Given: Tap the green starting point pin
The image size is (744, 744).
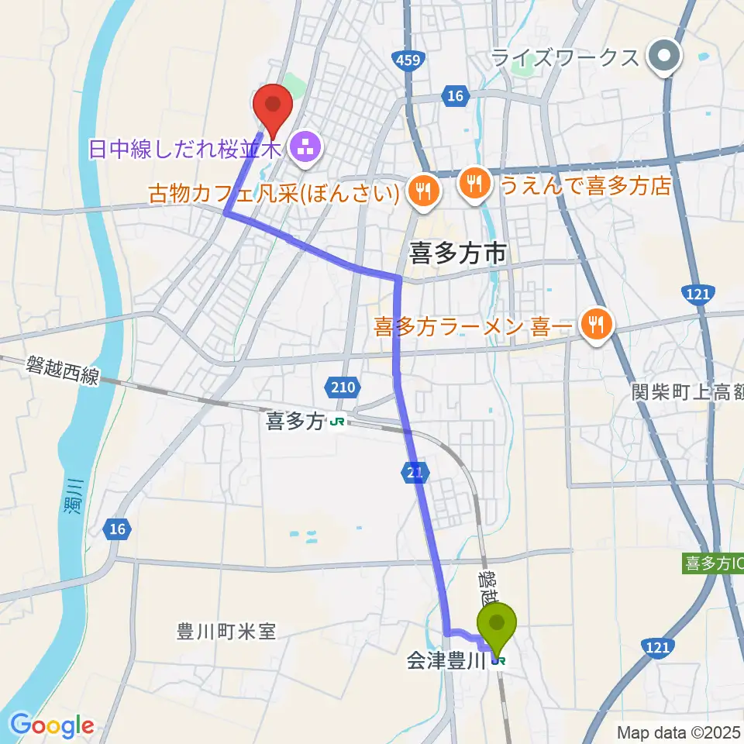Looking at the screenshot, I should (497, 623).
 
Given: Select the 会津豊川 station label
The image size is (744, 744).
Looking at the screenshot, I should (446, 661).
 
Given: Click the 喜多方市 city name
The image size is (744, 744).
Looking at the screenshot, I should (457, 252).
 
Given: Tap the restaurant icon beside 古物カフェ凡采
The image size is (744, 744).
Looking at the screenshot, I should (424, 189).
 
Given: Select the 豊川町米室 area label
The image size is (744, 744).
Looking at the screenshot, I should (226, 632).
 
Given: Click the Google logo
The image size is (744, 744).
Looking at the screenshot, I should (52, 725).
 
